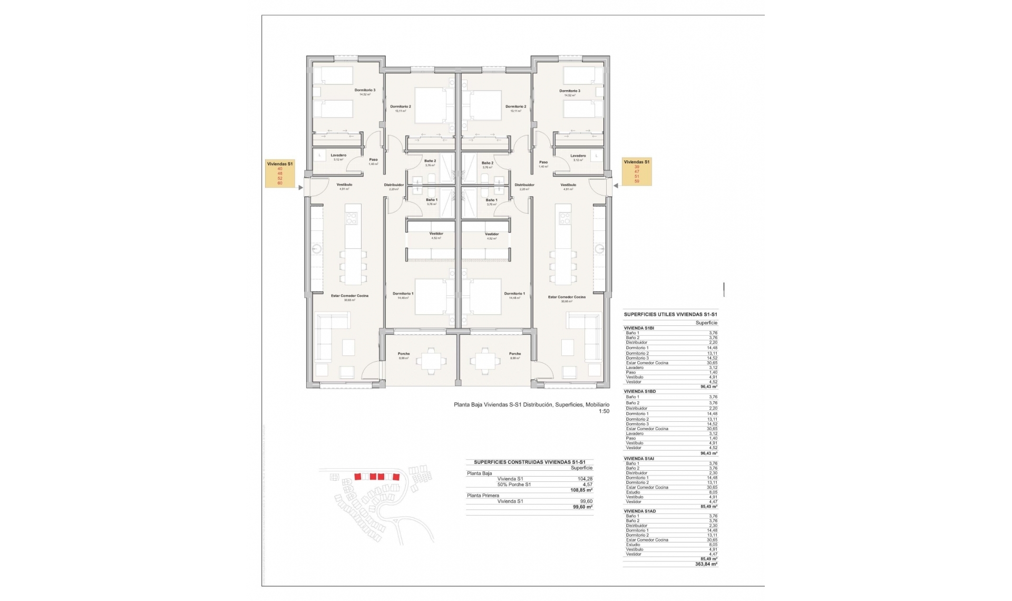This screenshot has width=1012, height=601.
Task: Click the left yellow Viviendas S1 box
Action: click(x=279, y=173)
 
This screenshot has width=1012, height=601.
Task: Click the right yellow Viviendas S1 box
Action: click(x=637, y=172)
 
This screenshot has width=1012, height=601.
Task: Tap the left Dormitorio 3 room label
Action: click(x=365, y=90)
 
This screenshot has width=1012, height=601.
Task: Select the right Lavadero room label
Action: click(x=578, y=156)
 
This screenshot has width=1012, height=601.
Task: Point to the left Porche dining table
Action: click(x=431, y=361)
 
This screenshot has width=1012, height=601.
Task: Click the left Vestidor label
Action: click(x=436, y=234)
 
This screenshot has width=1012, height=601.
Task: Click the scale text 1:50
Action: click(x=604, y=411)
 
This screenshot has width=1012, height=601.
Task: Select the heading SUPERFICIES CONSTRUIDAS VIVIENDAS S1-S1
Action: click(x=529, y=462)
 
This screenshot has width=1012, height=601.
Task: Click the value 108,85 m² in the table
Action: click(x=581, y=490)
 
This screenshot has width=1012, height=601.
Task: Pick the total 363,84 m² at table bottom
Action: click(x=706, y=564)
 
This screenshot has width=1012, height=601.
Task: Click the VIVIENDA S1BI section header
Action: click(x=639, y=328)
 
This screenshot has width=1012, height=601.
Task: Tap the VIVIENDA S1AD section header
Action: click(x=639, y=511)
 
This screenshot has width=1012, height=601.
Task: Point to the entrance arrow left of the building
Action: click(x=300, y=187)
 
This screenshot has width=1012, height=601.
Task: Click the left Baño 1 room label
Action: click(x=431, y=200)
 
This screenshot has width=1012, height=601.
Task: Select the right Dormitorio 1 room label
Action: click(x=514, y=294)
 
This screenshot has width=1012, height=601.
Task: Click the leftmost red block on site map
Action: click(x=357, y=477)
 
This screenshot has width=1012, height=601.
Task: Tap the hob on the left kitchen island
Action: click(x=352, y=218)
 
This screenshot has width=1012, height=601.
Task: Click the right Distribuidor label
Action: click(x=524, y=185)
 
